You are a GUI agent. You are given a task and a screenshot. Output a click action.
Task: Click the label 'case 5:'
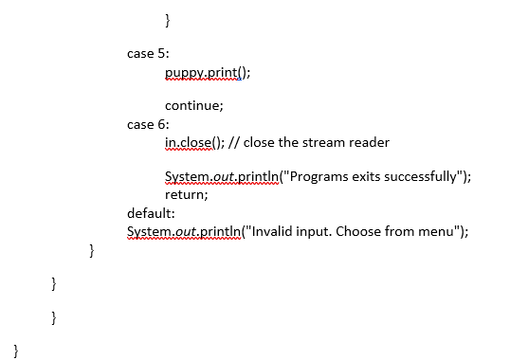(148, 53)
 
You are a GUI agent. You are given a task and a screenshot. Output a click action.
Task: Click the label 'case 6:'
(148, 124)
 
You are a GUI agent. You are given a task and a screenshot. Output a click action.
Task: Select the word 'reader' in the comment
(368, 142)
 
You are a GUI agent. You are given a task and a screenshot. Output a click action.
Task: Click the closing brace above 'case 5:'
(168, 18)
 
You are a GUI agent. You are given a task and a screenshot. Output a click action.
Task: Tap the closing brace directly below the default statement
(92, 250)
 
